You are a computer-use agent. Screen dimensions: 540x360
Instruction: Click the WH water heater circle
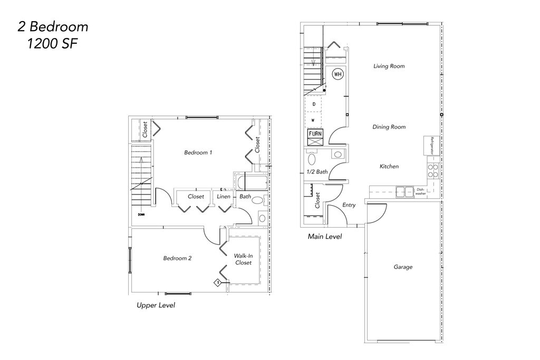pos(337,74)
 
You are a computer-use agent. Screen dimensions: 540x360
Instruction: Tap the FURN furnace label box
pos(315,134)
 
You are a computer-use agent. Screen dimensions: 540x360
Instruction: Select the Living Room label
pos(389,66)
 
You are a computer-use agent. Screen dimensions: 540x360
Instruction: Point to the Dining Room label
pos(389,127)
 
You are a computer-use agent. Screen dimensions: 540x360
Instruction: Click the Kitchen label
pos(389,167)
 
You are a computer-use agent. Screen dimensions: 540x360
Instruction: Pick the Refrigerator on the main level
pos(431,145)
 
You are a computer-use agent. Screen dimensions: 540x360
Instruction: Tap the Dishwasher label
pos(420,192)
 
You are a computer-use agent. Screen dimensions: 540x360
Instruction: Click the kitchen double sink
pos(404,192)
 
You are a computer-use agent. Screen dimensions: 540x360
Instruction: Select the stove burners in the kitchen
pos(432,171)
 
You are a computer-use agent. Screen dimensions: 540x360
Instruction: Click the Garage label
pos(403,267)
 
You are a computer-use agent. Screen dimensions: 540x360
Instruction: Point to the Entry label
pos(349,205)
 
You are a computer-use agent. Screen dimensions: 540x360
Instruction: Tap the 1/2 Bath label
pos(317,172)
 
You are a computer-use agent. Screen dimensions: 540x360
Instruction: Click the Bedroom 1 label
pos(198,153)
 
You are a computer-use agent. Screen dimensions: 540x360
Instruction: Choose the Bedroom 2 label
pos(177,258)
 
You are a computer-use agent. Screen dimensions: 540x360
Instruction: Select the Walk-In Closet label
pos(243,259)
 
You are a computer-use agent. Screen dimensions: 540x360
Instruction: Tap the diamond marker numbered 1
pos(217,283)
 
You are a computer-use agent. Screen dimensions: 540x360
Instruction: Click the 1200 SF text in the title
pos(52,44)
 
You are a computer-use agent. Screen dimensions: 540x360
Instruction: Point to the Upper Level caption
pos(156,305)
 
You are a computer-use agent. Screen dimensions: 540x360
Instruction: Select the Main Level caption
pos(324,237)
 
